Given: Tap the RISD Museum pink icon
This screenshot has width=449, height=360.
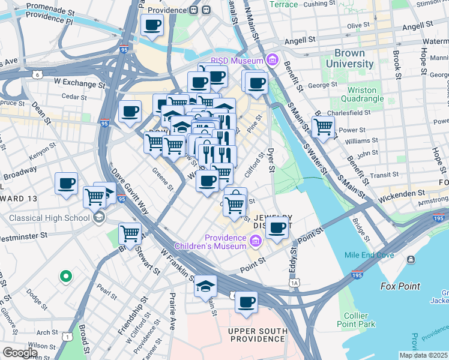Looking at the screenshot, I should coord(273,61).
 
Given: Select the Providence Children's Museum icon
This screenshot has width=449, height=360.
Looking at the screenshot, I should coord(256,241).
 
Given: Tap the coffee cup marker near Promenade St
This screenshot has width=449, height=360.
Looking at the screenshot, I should coord(152,25).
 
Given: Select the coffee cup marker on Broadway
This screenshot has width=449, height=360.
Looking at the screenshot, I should coord(66,183).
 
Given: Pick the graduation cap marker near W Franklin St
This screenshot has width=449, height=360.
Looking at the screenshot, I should coord(205,285).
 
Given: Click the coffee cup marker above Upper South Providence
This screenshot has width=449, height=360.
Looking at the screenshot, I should coord(246,302).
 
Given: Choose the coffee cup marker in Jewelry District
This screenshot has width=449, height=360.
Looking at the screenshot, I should coord(277,228).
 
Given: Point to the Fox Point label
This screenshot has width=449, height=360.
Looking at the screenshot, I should coord(401,286).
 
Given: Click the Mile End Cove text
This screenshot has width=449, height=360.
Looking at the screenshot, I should coord(369,255).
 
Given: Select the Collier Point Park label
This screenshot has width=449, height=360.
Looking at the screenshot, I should coord(360,320).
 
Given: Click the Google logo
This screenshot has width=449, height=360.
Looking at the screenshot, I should coord(19,353).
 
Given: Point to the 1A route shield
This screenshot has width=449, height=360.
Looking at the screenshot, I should coord(294,282).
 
